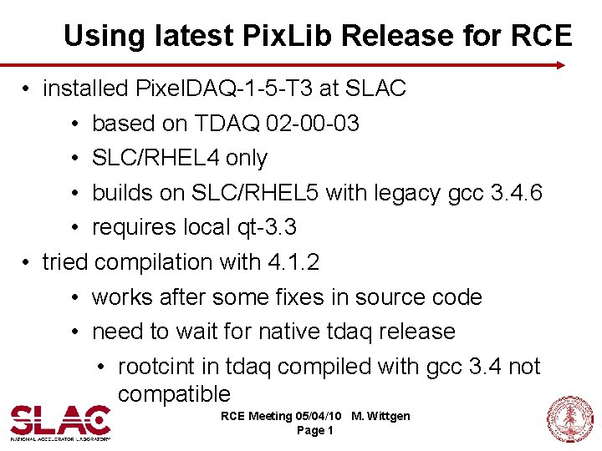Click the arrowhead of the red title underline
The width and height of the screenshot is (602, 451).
(x=561, y=64)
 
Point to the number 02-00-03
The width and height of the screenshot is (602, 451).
(x=312, y=124)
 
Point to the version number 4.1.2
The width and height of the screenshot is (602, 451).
(x=293, y=262)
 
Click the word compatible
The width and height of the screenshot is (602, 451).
(x=174, y=393)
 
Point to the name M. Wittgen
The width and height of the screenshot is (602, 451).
(x=381, y=416)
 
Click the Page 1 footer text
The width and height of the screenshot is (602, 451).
(x=315, y=430)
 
